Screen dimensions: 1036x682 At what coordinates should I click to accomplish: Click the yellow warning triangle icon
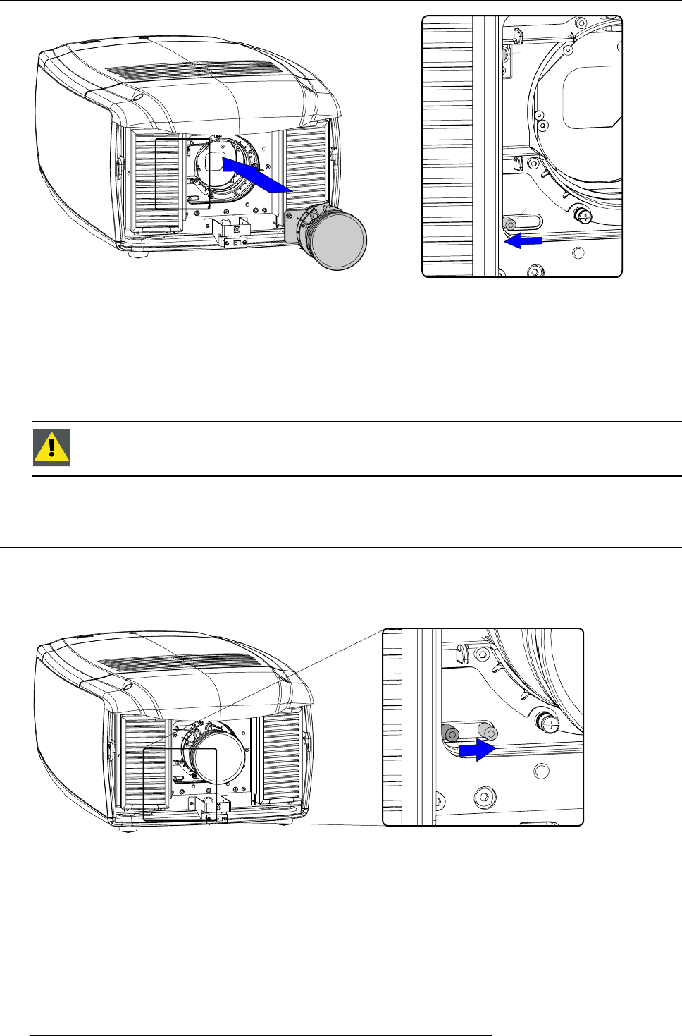[x=51, y=448]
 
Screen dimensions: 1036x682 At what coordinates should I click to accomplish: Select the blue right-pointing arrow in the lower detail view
[x=477, y=750]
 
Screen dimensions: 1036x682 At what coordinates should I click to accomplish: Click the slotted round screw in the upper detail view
[x=583, y=214]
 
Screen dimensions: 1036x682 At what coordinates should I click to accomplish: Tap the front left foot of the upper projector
[x=137, y=252]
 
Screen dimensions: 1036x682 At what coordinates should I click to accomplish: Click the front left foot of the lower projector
[x=128, y=827]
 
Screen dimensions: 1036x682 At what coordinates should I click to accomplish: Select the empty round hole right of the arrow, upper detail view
[x=578, y=252]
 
